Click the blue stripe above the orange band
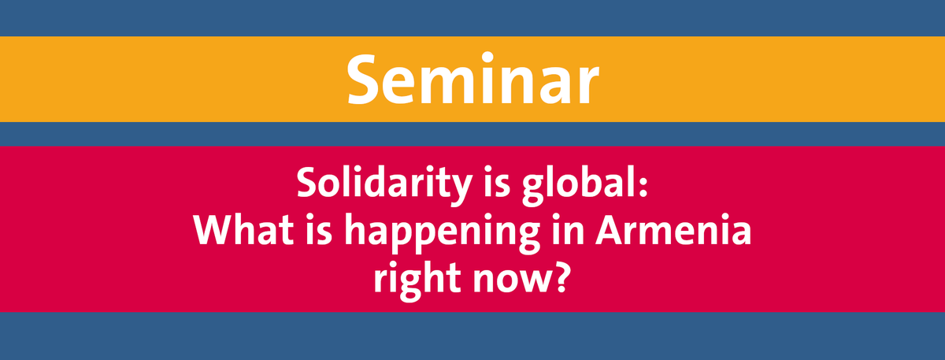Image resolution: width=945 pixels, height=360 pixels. [472, 17]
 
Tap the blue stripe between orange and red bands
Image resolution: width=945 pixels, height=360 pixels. [472, 133]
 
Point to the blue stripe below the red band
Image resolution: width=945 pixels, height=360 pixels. [472, 336]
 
